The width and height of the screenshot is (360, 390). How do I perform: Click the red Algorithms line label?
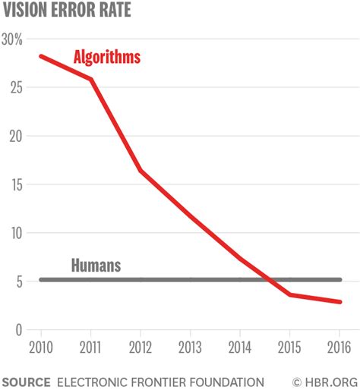tap(106, 57)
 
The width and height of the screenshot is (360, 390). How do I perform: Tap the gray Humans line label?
tap(96, 266)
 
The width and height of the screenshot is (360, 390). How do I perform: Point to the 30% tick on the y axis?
tap(13, 39)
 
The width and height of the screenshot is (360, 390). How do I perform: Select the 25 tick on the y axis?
tap(14, 88)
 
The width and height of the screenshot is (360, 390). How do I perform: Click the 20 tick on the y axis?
tap(14, 137)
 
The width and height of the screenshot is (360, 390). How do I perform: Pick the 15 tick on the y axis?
tap(14, 185)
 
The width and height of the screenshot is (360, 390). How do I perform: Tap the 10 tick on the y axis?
tap(14, 233)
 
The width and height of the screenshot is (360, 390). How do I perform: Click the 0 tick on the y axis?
tap(17, 330)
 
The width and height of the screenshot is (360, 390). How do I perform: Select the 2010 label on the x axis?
tap(40, 348)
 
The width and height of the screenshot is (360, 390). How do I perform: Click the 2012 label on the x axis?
tap(140, 348)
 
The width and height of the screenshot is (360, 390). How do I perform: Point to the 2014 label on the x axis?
tap(239, 348)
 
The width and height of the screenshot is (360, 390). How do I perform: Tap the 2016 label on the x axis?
tap(339, 348)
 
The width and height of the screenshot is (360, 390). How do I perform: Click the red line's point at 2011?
tap(90, 79)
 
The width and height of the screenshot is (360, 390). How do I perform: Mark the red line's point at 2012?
tap(140, 170)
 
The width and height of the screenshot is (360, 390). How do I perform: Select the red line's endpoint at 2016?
tap(339, 302)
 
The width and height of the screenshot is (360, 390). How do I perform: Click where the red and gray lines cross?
tap(267, 280)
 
